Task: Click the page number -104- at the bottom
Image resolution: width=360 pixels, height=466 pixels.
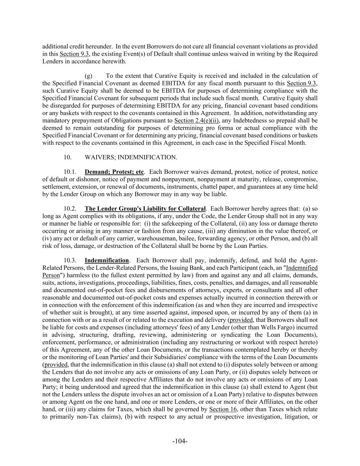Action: [x=180, y=441]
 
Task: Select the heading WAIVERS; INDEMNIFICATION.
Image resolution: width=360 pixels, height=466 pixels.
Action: [x=131, y=157]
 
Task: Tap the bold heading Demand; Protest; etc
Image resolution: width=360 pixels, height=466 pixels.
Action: [x=114, y=172]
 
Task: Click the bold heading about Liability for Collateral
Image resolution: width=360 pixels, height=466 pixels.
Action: [x=145, y=209]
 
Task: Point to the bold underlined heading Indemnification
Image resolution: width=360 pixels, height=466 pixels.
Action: [x=107, y=260]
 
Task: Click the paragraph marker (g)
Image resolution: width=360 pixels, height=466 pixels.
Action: [x=88, y=76]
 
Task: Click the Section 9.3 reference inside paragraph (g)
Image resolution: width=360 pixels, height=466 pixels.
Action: [x=302, y=83]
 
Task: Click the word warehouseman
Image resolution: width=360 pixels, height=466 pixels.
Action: [x=169, y=238]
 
